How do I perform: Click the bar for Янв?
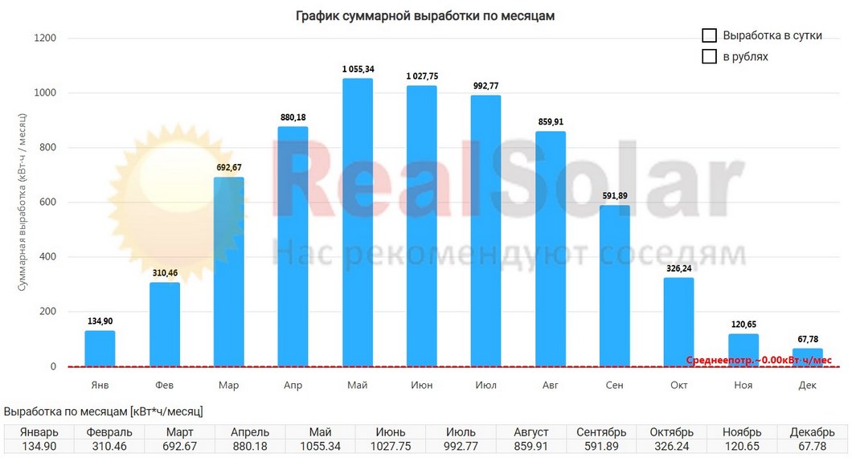(100, 349)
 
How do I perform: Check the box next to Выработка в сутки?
(709, 36)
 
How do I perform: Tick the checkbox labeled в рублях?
(709, 57)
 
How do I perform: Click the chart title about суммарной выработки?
(425, 15)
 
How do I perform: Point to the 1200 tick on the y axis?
(44, 39)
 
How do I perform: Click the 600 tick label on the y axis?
(47, 202)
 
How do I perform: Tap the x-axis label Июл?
(486, 386)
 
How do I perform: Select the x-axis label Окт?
(679, 386)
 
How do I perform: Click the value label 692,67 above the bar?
(229, 167)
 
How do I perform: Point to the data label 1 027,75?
(422, 76)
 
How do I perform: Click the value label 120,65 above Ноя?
(743, 325)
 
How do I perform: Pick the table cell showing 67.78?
(817, 446)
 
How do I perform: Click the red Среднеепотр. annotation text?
(760, 361)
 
